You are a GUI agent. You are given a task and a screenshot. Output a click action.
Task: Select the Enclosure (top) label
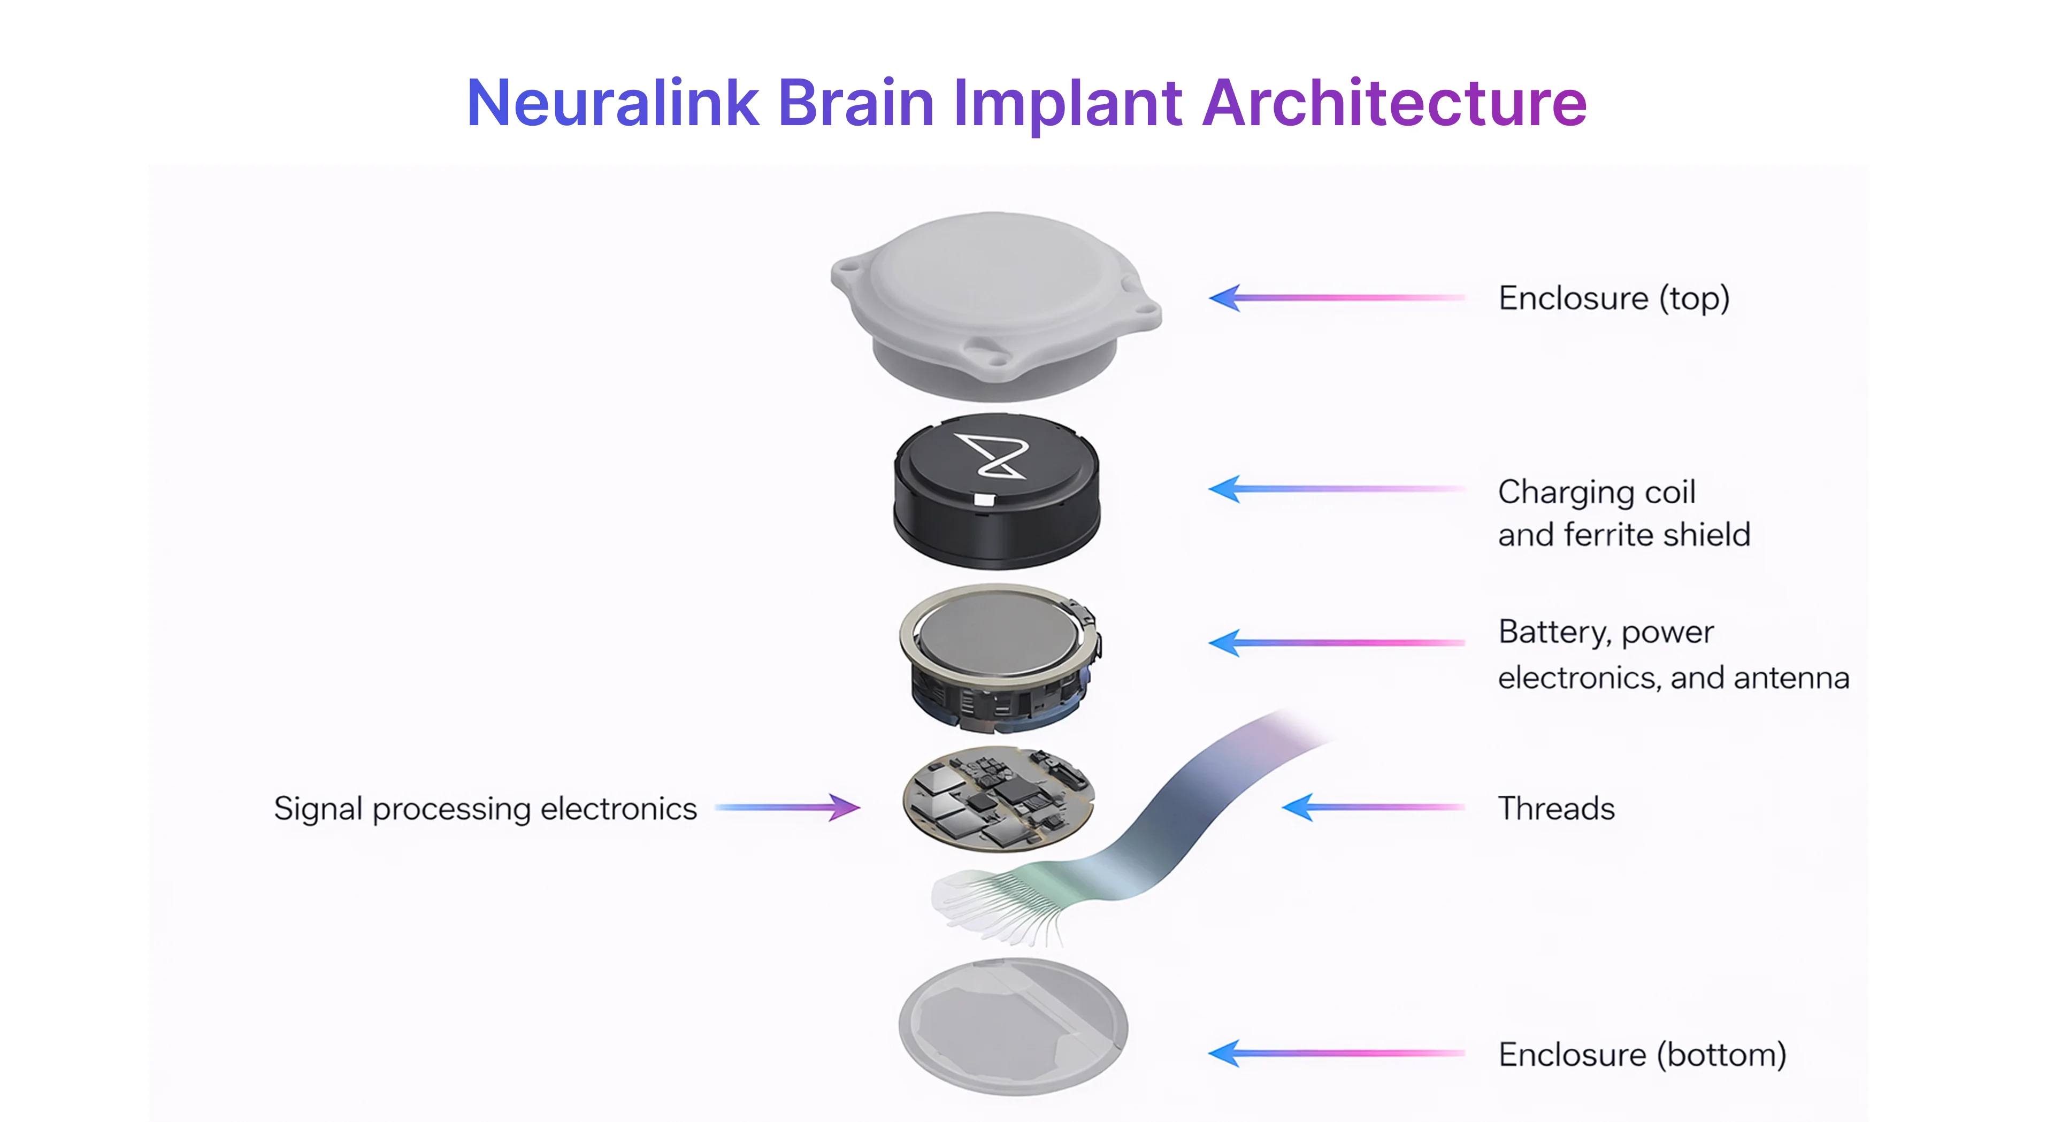(1613, 298)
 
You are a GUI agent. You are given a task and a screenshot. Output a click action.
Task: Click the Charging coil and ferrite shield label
(1623, 513)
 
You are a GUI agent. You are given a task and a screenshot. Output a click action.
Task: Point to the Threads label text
(1555, 809)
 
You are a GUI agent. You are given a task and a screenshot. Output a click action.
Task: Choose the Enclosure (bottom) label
(1642, 1054)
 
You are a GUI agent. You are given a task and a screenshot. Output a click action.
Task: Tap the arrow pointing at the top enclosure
(1336, 297)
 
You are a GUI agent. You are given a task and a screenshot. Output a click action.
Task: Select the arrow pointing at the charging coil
(1336, 489)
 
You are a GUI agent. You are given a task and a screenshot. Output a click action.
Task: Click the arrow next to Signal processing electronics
(787, 807)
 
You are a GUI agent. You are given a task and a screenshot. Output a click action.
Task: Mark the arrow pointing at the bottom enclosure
(1336, 1054)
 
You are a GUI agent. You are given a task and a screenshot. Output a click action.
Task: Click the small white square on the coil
(985, 501)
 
